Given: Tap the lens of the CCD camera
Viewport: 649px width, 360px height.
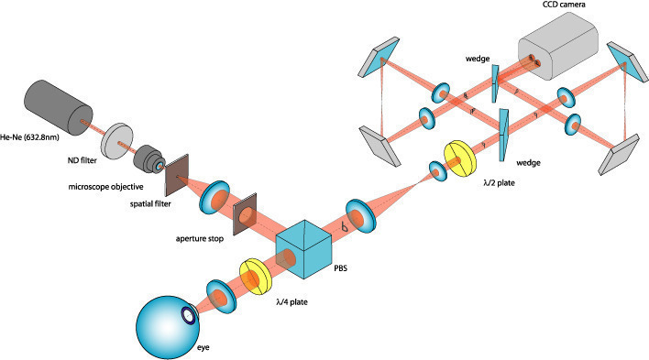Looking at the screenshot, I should point(533,63).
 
